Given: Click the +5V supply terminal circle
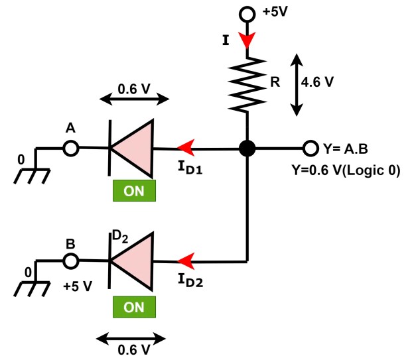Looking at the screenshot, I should click(247, 13).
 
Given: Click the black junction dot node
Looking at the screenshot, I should click(247, 148).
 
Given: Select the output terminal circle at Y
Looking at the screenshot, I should click(310, 148).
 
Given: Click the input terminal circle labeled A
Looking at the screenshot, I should click(70, 148).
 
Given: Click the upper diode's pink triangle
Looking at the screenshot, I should click(132, 148).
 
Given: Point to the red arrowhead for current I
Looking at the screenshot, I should click(247, 41).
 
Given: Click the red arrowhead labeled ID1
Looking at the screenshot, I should click(186, 148).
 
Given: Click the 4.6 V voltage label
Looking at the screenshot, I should click(318, 84).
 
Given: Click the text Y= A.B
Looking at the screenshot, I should click(345, 148).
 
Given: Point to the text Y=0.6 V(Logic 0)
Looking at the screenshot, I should click(346, 170).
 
